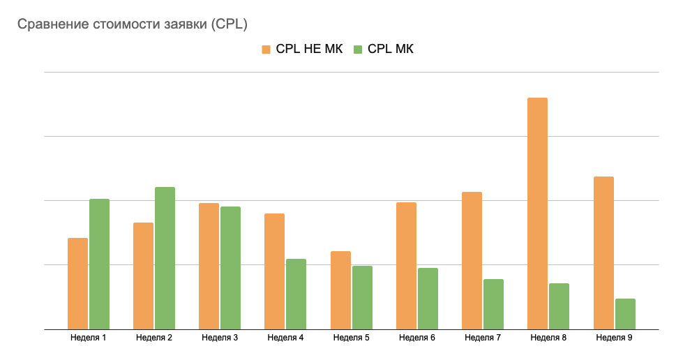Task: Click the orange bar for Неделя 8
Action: click(x=537, y=213)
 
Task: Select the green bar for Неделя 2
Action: click(x=165, y=258)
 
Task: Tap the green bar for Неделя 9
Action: click(x=625, y=314)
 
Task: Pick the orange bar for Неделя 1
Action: click(x=78, y=283)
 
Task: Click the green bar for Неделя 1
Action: click(x=99, y=264)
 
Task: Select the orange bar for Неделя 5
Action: click(x=340, y=290)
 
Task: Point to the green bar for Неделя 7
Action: click(x=493, y=304)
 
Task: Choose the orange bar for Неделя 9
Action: click(x=603, y=253)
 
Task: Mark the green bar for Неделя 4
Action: click(x=296, y=294)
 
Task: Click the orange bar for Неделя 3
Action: click(x=209, y=266)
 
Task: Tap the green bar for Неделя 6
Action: click(x=428, y=299)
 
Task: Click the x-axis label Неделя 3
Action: click(x=220, y=338)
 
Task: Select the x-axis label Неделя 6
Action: click(x=417, y=338)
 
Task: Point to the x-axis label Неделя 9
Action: click(x=615, y=338)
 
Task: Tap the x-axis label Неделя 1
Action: click(x=89, y=338)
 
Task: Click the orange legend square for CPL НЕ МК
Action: click(x=266, y=49)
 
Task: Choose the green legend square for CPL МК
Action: click(x=358, y=49)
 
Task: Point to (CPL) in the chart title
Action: click(x=230, y=24)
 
